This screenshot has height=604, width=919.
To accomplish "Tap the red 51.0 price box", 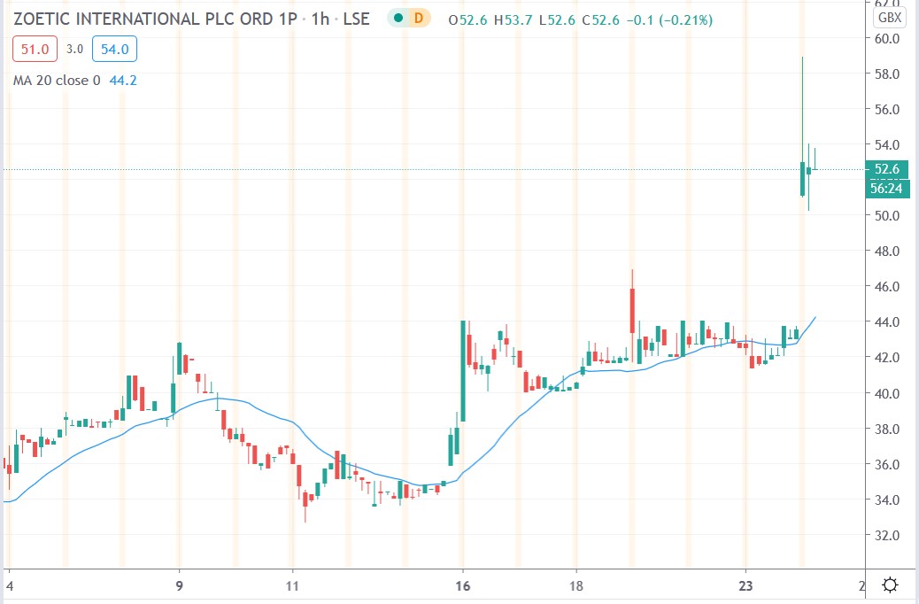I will click(x=35, y=50).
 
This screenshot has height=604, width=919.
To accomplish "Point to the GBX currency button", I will click(x=889, y=18).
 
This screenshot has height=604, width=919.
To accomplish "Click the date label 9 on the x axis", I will click(x=180, y=585).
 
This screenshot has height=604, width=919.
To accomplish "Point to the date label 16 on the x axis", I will click(x=462, y=585).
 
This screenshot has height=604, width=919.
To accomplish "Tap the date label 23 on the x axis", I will click(x=745, y=585).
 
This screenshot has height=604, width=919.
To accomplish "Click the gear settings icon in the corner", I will click(x=891, y=585).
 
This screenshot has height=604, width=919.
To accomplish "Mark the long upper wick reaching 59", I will click(x=802, y=106).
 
